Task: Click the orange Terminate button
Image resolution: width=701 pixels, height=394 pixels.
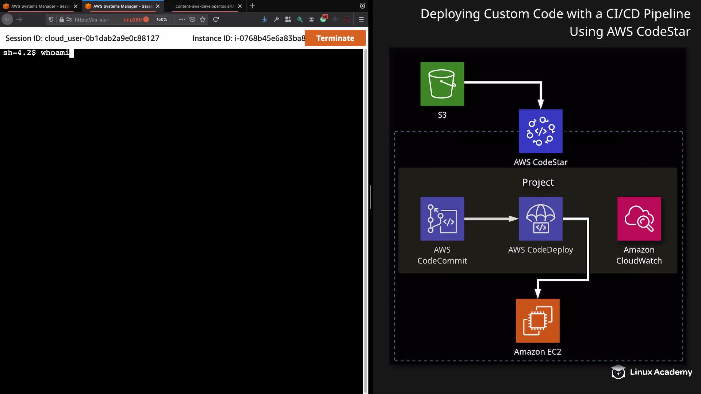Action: pyautogui.click(x=335, y=38)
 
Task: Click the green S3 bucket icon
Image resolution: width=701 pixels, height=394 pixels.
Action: pyautogui.click(x=442, y=84)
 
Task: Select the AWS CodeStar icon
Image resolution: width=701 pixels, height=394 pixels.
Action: pyautogui.click(x=541, y=131)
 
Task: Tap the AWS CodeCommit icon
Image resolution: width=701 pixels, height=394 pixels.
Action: pyautogui.click(x=442, y=219)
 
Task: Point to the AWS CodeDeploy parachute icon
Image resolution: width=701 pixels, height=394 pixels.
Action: pyautogui.click(x=541, y=219)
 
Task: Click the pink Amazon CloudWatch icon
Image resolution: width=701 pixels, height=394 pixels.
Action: pyautogui.click(x=639, y=219)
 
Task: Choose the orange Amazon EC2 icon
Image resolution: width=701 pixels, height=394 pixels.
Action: pyautogui.click(x=538, y=321)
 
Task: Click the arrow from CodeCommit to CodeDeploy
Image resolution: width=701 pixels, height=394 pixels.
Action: pyautogui.click(x=491, y=219)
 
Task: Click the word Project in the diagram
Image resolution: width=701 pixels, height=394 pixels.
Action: pyautogui.click(x=538, y=182)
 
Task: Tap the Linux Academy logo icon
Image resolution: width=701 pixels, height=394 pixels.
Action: pyautogui.click(x=618, y=372)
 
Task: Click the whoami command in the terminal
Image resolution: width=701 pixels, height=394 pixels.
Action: pyautogui.click(x=55, y=53)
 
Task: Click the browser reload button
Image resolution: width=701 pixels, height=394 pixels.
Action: pyautogui.click(x=216, y=19)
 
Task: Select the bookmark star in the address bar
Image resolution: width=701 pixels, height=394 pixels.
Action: pyautogui.click(x=203, y=19)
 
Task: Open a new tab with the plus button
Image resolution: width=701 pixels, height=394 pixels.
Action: pyautogui.click(x=252, y=6)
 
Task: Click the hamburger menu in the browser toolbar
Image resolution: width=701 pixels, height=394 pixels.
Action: pyautogui.click(x=361, y=19)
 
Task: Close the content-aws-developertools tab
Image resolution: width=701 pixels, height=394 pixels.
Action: pyautogui.click(x=240, y=6)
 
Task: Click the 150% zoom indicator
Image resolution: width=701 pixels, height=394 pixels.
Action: pyautogui.click(x=161, y=19)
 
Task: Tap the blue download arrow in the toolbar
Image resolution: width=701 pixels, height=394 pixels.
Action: pyautogui.click(x=265, y=19)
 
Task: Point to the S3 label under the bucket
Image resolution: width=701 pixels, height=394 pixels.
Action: pyautogui.click(x=442, y=115)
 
